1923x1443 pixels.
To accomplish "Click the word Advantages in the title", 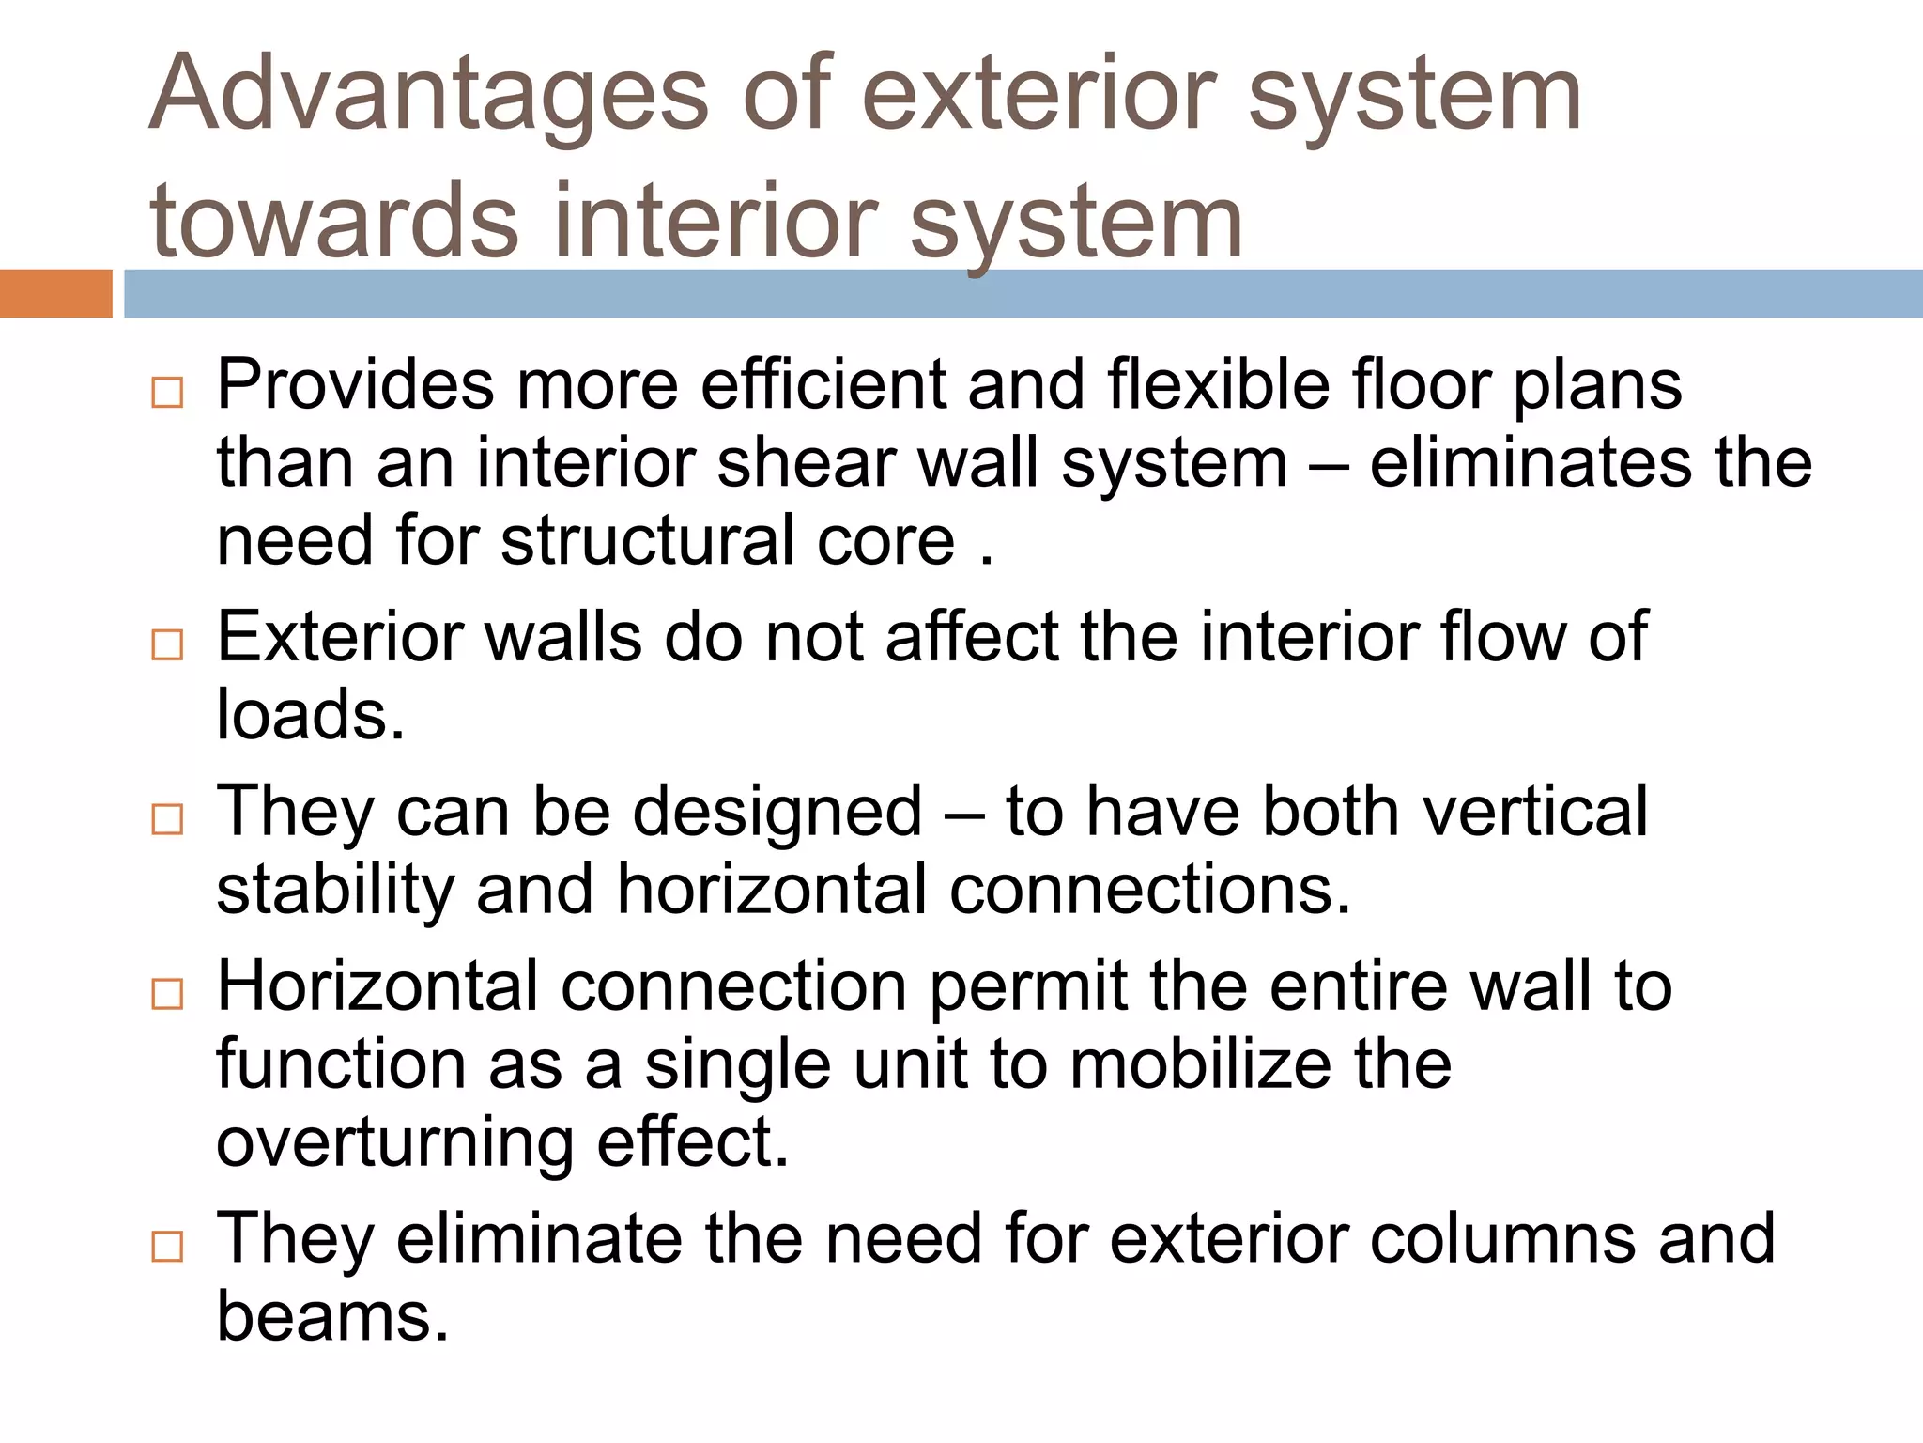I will [x=428, y=94].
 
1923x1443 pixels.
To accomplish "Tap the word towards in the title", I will [x=333, y=222].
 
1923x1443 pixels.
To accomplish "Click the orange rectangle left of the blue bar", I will [x=55, y=293].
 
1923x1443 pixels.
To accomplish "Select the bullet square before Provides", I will [x=167, y=392].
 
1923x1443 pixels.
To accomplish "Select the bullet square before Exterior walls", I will [x=167, y=644].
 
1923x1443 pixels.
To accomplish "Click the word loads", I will [x=310, y=714].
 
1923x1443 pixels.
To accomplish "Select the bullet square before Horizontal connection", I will [x=167, y=994].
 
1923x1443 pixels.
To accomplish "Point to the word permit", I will [x=1028, y=988].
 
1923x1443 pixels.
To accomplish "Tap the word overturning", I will [x=394, y=1144].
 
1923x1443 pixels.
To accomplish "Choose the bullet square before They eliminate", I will [x=167, y=1247].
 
